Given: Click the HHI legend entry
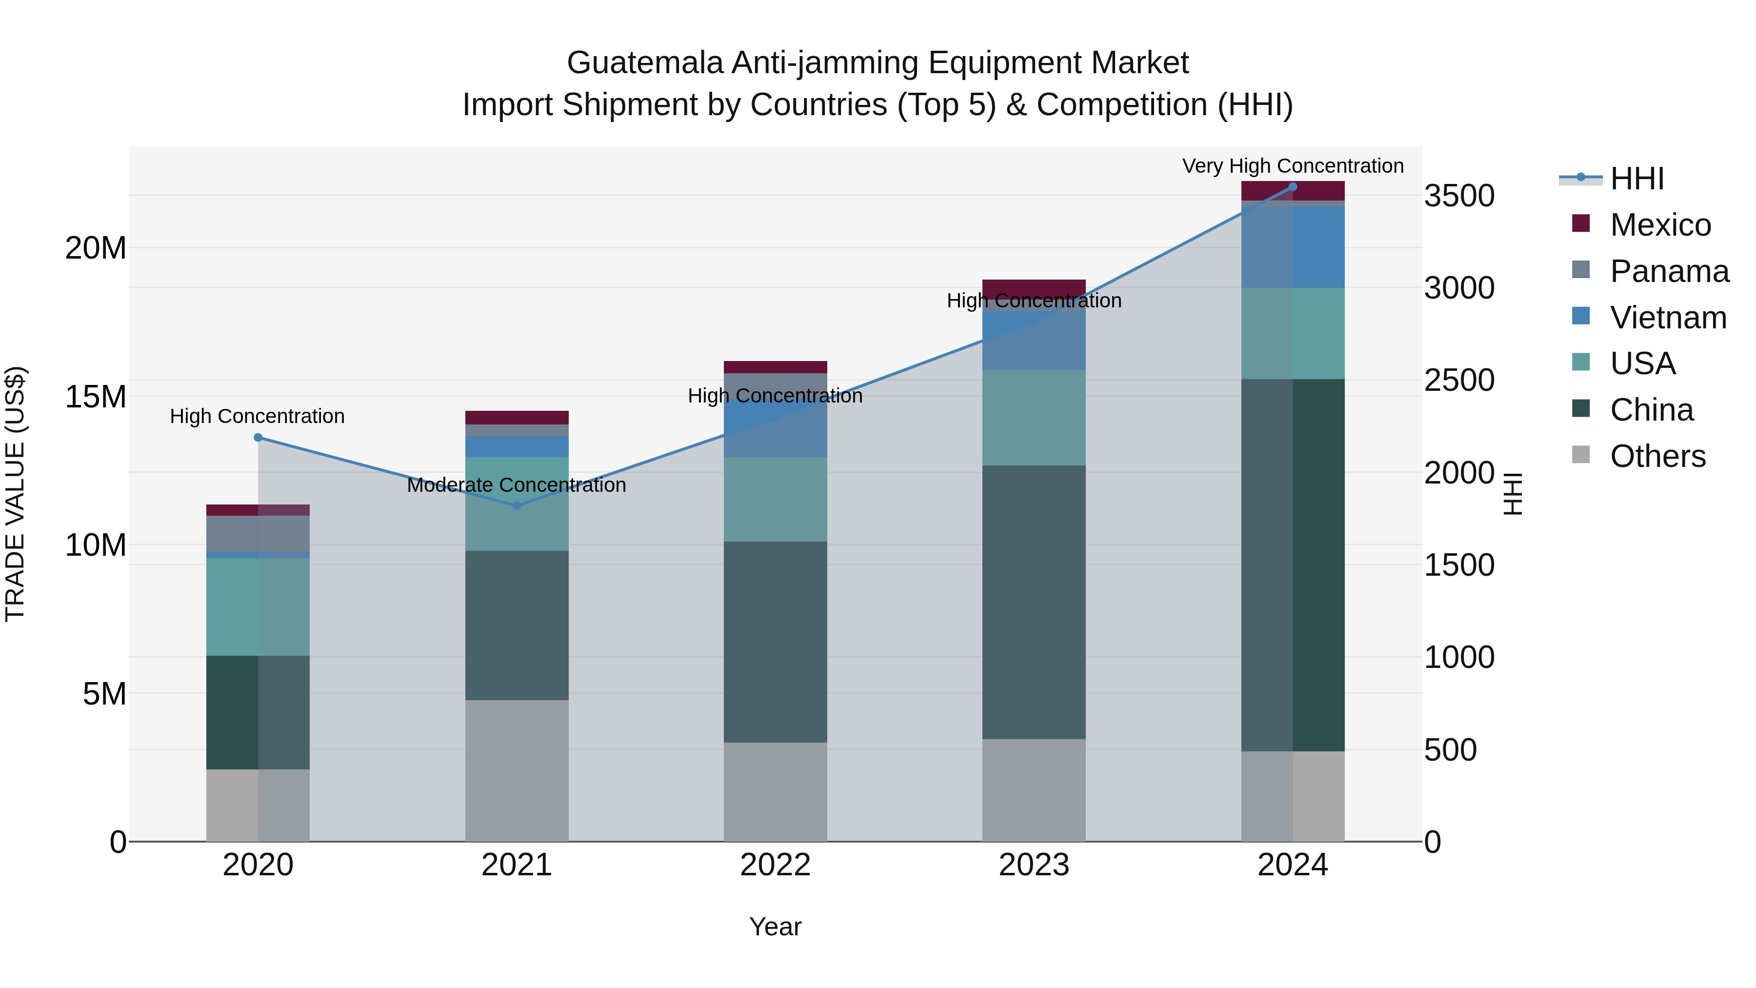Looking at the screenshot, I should click(x=1636, y=179).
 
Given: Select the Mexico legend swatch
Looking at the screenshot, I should click(x=1580, y=223).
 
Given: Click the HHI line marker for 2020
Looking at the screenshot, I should click(x=258, y=438).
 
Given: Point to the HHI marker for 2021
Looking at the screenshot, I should click(x=517, y=506).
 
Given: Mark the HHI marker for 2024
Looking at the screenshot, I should click(x=1293, y=187).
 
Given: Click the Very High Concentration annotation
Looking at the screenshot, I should click(x=1293, y=166).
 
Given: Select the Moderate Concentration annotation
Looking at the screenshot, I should click(x=516, y=485).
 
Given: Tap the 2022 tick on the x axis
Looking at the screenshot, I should click(x=775, y=865).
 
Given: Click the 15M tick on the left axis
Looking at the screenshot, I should click(x=96, y=396).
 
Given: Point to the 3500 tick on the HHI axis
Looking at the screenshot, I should click(x=1459, y=196).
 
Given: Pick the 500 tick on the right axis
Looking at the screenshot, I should click(x=1450, y=750).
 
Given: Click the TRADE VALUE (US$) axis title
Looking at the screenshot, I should click(x=15, y=494).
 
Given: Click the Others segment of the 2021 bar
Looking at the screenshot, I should click(x=517, y=770).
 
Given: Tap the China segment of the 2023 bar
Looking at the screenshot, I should click(x=1034, y=602).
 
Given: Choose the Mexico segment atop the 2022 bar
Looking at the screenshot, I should click(x=775, y=367).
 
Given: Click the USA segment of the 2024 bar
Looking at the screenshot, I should click(x=1293, y=333).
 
